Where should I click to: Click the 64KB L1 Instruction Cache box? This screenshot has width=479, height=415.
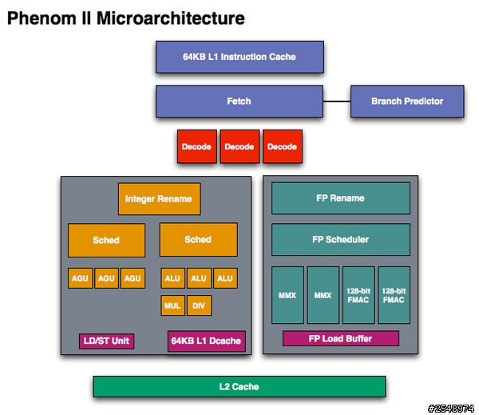[x=239, y=57]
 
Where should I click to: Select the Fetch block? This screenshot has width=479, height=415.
[x=239, y=102]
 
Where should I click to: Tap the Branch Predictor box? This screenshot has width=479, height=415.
[x=407, y=102]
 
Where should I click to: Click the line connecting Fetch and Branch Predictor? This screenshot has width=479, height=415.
[x=337, y=102]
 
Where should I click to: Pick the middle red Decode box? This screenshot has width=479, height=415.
[x=239, y=146]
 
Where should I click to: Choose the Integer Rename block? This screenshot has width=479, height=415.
[x=159, y=199]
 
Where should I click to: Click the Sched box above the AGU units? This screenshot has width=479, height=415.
[x=106, y=240]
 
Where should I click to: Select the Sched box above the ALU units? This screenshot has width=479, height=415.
[x=199, y=240]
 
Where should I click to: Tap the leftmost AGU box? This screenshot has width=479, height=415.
[x=81, y=278]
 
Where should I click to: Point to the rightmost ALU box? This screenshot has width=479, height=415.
[x=225, y=278]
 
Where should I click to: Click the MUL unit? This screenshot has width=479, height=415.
[x=172, y=305]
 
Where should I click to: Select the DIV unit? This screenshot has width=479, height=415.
[x=199, y=305]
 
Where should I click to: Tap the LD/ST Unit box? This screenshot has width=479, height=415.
[x=106, y=341]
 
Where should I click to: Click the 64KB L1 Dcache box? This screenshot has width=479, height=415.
[x=207, y=341]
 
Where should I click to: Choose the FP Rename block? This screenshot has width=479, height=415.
[x=341, y=198]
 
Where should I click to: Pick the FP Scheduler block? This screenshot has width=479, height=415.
[x=341, y=240]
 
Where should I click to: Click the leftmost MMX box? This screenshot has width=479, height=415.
[x=287, y=295]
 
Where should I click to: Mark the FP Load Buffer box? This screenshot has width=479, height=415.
[x=341, y=338]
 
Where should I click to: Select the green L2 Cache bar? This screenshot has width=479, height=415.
[x=239, y=387]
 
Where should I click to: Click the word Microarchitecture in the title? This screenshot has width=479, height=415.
[x=171, y=18]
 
